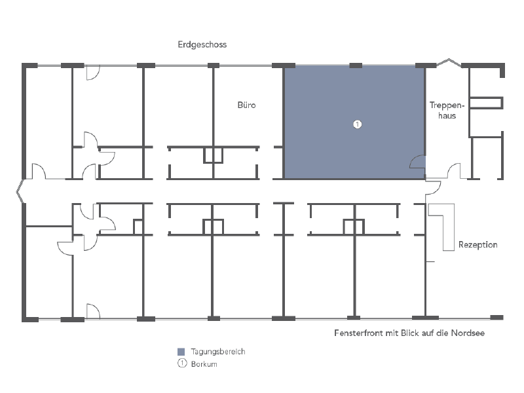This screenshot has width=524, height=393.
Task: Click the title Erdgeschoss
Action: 202,45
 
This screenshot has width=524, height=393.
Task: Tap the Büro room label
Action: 246,105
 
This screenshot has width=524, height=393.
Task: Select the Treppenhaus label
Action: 447,110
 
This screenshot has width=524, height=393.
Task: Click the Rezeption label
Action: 477,245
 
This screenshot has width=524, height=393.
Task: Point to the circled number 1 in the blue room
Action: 357,124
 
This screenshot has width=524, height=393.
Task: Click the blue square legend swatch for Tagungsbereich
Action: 182,352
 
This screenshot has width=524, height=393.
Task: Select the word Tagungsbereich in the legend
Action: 217,352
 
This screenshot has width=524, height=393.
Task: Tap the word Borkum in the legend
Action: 204,364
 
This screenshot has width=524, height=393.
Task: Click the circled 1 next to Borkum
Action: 182,364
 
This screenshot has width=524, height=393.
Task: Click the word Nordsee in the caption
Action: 469,333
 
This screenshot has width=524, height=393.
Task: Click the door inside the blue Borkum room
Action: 417,163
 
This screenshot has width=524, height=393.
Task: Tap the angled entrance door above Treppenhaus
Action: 449,64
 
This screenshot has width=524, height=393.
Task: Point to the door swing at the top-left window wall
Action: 92,72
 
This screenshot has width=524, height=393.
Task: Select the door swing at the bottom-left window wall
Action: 92,310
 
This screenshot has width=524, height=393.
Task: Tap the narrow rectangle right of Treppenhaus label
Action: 486,102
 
